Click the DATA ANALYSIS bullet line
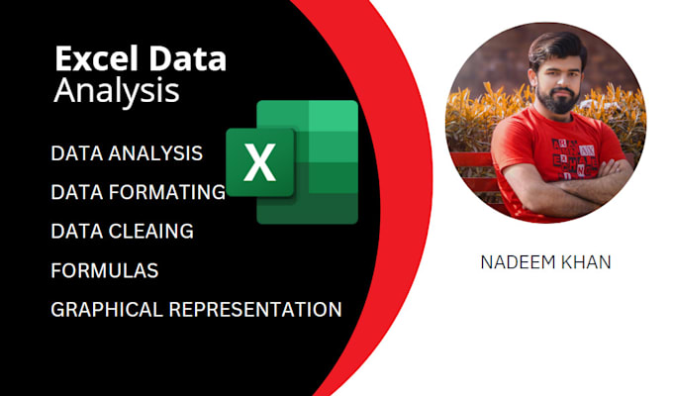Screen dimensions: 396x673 point(127,153)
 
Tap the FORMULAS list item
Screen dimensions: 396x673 point(104,269)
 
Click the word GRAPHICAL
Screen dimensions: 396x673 point(107,309)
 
